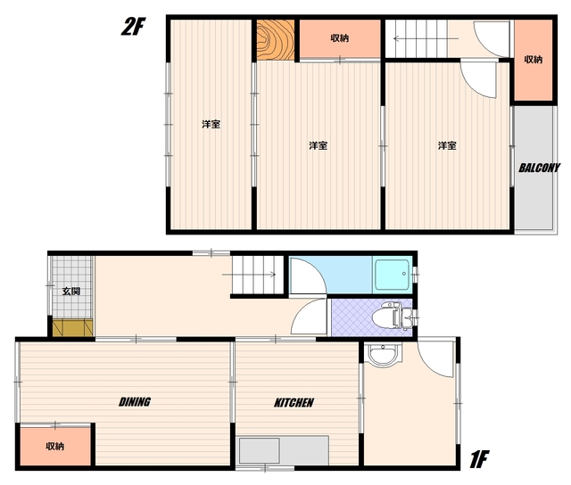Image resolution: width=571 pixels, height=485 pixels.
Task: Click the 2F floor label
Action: (x=133, y=27)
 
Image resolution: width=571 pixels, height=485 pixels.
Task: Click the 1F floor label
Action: (x=478, y=459)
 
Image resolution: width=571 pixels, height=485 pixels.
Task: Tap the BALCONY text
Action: (x=539, y=168)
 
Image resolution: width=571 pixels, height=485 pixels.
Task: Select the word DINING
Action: (x=135, y=402)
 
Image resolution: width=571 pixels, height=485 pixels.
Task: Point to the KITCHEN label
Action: (x=294, y=402)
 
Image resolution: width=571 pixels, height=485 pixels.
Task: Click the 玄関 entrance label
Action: (x=71, y=292)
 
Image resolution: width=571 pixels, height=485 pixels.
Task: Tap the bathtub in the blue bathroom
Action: (x=393, y=275)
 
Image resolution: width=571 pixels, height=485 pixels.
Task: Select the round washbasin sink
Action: (x=383, y=354)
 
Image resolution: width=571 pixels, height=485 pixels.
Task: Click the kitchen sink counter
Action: (x=283, y=450)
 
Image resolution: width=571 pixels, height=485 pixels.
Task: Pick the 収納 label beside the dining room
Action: (x=55, y=446)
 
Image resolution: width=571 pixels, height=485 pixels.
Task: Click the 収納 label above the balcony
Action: (x=534, y=60)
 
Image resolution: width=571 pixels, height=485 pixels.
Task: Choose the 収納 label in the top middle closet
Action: (x=340, y=37)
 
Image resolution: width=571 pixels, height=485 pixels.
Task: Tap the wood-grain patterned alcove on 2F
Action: (x=276, y=39)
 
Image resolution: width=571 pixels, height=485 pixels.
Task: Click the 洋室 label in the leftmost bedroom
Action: (x=211, y=124)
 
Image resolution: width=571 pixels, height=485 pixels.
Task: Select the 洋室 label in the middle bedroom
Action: (x=318, y=145)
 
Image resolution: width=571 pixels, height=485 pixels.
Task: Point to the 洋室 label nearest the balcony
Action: (x=447, y=145)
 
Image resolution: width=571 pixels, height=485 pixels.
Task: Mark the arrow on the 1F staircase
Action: (x=249, y=275)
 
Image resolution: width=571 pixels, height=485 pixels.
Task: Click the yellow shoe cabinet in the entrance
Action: (x=73, y=327)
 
